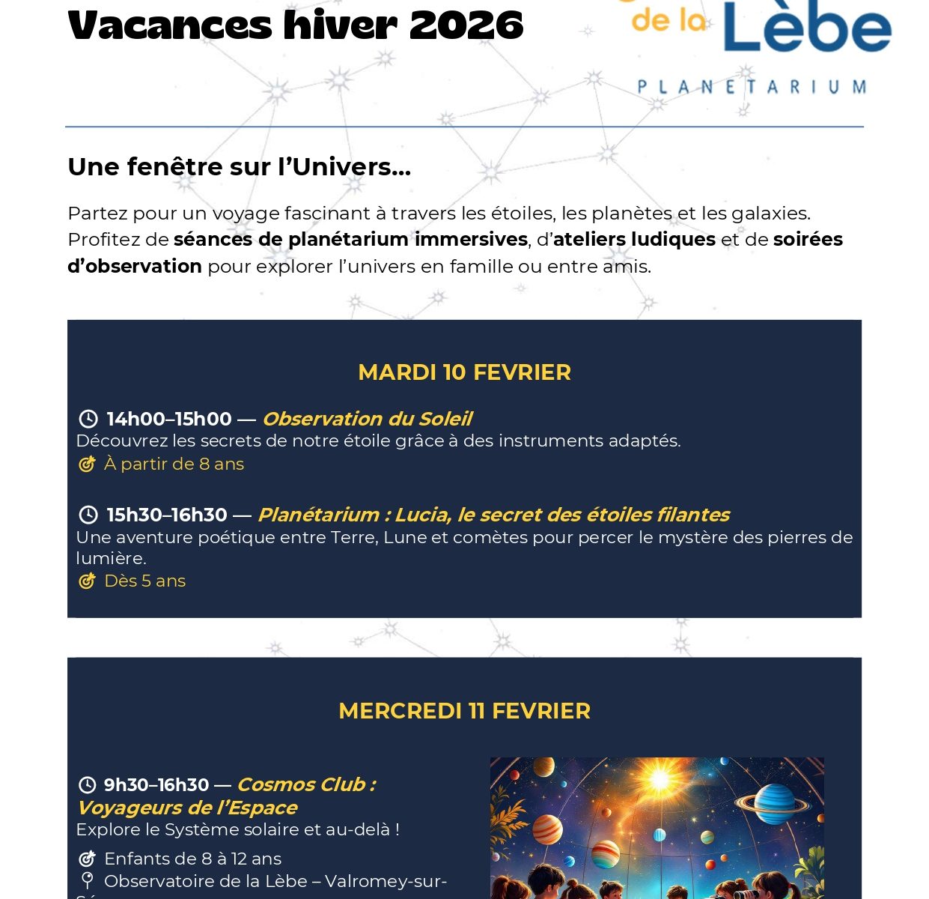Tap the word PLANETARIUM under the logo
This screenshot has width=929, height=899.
pos(752,88)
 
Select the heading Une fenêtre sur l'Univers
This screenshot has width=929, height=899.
pos(239,166)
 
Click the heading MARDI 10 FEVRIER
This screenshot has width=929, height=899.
pos(464,372)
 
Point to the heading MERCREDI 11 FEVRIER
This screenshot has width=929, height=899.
pos(464,711)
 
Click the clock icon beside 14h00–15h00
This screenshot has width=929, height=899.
pos(88,419)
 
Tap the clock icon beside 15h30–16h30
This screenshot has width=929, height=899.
pos(88,515)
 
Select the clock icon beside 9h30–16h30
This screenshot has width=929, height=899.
pos(88,784)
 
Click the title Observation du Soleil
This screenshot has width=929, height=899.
pos(367,419)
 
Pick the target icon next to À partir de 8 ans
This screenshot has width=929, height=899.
pos(88,464)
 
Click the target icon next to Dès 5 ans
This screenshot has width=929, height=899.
pos(88,581)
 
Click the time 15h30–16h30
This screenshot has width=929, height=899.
pos(167,515)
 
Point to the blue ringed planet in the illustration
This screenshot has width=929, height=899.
pos(773,803)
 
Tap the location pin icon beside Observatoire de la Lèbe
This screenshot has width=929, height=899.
pos(88,880)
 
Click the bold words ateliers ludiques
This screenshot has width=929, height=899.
pos(634,239)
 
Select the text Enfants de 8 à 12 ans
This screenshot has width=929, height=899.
pos(192,859)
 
